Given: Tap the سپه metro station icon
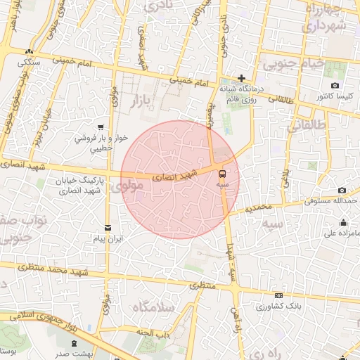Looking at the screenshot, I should coord(223,172).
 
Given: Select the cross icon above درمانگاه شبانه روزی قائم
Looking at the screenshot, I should coord(241,78).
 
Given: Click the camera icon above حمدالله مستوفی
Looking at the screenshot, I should coord(342,190).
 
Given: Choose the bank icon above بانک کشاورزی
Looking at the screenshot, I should coord(279,295).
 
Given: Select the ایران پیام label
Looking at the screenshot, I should coord(110,239).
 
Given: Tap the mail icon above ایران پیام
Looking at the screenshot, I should coord(108,227).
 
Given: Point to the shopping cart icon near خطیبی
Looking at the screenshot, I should coord(101,127).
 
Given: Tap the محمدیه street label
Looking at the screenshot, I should coord(254,207).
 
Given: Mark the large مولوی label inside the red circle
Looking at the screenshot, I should coord(128,186).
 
